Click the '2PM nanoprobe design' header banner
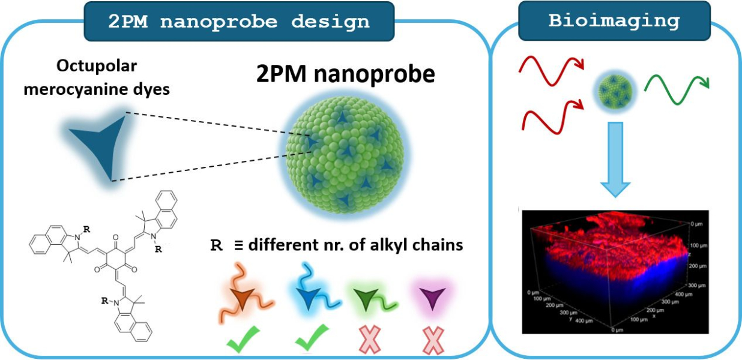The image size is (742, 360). [x=238, y=21]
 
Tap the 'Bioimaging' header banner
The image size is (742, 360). [x=614, y=21]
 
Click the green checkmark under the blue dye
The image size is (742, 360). [x=312, y=338]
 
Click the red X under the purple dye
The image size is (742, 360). [x=432, y=340]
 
